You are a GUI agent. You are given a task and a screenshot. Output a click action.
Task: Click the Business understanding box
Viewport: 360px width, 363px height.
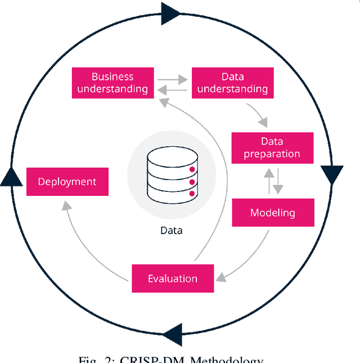[x=112, y=82]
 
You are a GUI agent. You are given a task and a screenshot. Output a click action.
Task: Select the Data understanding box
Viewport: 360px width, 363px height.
[x=232, y=82]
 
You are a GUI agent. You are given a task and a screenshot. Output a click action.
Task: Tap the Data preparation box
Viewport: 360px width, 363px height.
[x=272, y=147]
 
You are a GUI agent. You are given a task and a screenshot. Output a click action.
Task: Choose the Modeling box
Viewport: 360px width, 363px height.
[x=272, y=213]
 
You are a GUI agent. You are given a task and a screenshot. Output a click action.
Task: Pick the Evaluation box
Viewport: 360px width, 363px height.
[x=173, y=279]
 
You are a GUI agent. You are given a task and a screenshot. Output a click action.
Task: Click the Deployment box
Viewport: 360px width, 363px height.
[x=67, y=181]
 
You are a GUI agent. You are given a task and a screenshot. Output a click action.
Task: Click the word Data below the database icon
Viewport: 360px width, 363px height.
[x=171, y=230]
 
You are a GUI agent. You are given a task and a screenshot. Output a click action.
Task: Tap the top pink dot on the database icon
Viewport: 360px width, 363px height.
[x=192, y=169]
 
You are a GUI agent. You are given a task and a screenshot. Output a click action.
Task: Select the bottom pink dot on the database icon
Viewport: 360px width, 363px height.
[x=192, y=194]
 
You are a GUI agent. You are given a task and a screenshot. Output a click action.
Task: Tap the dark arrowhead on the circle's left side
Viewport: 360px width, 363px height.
[x=12, y=176]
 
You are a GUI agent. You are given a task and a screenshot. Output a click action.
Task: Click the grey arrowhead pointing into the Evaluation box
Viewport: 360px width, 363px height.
[x=222, y=275]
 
